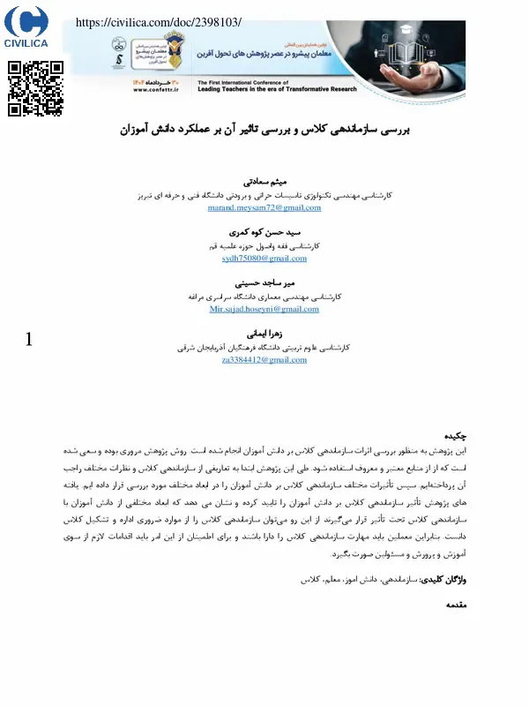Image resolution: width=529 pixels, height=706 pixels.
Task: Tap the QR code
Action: click(x=35, y=88)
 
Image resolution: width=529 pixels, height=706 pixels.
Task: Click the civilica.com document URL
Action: click(x=159, y=22)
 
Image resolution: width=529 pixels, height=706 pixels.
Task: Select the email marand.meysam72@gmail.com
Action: click(x=264, y=207)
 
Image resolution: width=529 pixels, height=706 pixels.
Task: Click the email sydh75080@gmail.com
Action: click(x=264, y=259)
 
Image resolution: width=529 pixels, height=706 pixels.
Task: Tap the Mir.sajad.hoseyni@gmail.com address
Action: click(x=264, y=310)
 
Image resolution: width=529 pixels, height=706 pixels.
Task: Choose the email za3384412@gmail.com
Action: click(x=264, y=360)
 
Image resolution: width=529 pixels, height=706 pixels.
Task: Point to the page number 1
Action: click(x=29, y=339)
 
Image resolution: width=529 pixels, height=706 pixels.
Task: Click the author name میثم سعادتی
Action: click(x=264, y=180)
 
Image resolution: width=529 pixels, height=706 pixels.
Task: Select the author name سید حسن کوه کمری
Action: click(x=264, y=231)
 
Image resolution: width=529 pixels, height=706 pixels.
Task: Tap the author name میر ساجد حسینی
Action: click(x=264, y=282)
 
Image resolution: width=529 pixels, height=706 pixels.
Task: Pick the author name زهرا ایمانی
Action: click(x=264, y=334)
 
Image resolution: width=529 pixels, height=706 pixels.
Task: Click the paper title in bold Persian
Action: click(x=264, y=130)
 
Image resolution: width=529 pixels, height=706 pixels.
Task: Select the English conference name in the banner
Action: click(x=256, y=86)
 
